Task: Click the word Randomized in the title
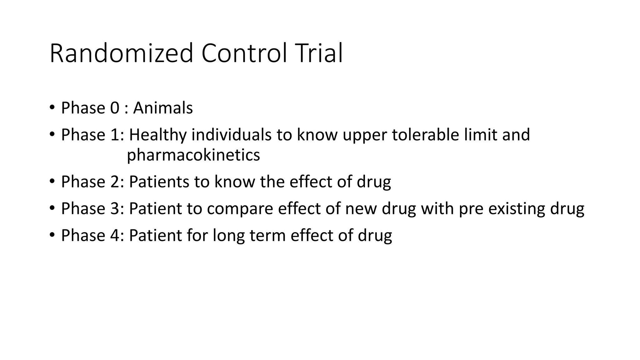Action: (x=121, y=54)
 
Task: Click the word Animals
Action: (x=163, y=108)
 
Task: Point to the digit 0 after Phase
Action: (x=115, y=108)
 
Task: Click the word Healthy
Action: (x=157, y=135)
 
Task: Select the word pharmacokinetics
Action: (x=193, y=155)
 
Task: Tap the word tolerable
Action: (x=425, y=135)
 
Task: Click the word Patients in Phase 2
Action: (x=159, y=182)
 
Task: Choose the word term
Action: (x=267, y=236)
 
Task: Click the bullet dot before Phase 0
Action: (x=52, y=108)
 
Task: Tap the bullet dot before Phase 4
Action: (x=52, y=235)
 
